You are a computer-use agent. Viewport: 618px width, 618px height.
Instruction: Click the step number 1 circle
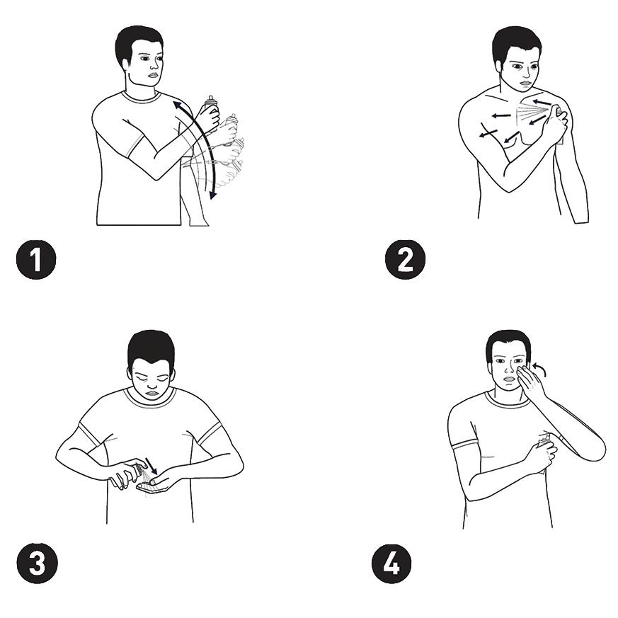(x=36, y=260)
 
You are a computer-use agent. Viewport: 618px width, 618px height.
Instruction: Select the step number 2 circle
(x=405, y=260)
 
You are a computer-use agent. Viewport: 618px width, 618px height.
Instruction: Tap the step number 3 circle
(x=37, y=563)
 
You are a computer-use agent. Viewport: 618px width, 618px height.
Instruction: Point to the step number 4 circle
(x=391, y=563)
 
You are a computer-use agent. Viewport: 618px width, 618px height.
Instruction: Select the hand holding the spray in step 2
(x=556, y=120)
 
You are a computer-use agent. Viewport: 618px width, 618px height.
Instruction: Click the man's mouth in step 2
(x=525, y=83)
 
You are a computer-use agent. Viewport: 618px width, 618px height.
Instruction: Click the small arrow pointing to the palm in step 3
(x=151, y=466)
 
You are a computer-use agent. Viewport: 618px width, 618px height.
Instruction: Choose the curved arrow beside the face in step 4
(x=539, y=370)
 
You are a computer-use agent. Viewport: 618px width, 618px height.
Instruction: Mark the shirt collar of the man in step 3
(x=149, y=399)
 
